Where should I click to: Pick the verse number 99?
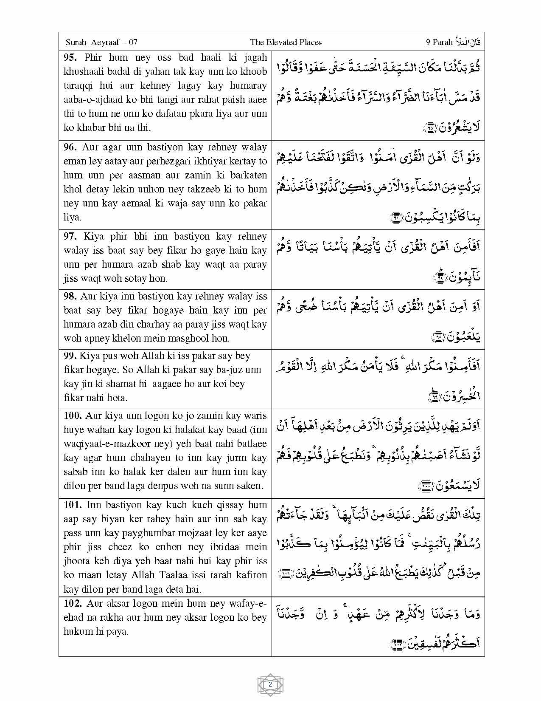tap(70, 356)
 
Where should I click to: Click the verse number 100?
tap(73, 416)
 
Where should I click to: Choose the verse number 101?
tap(73, 505)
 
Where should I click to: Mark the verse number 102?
tap(73, 603)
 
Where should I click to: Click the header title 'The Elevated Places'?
tap(286, 42)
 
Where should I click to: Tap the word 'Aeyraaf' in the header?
tap(105, 42)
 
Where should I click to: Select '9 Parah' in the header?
tap(439, 42)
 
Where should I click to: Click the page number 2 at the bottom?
tap(270, 684)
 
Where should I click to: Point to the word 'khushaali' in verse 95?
tap(84, 71)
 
